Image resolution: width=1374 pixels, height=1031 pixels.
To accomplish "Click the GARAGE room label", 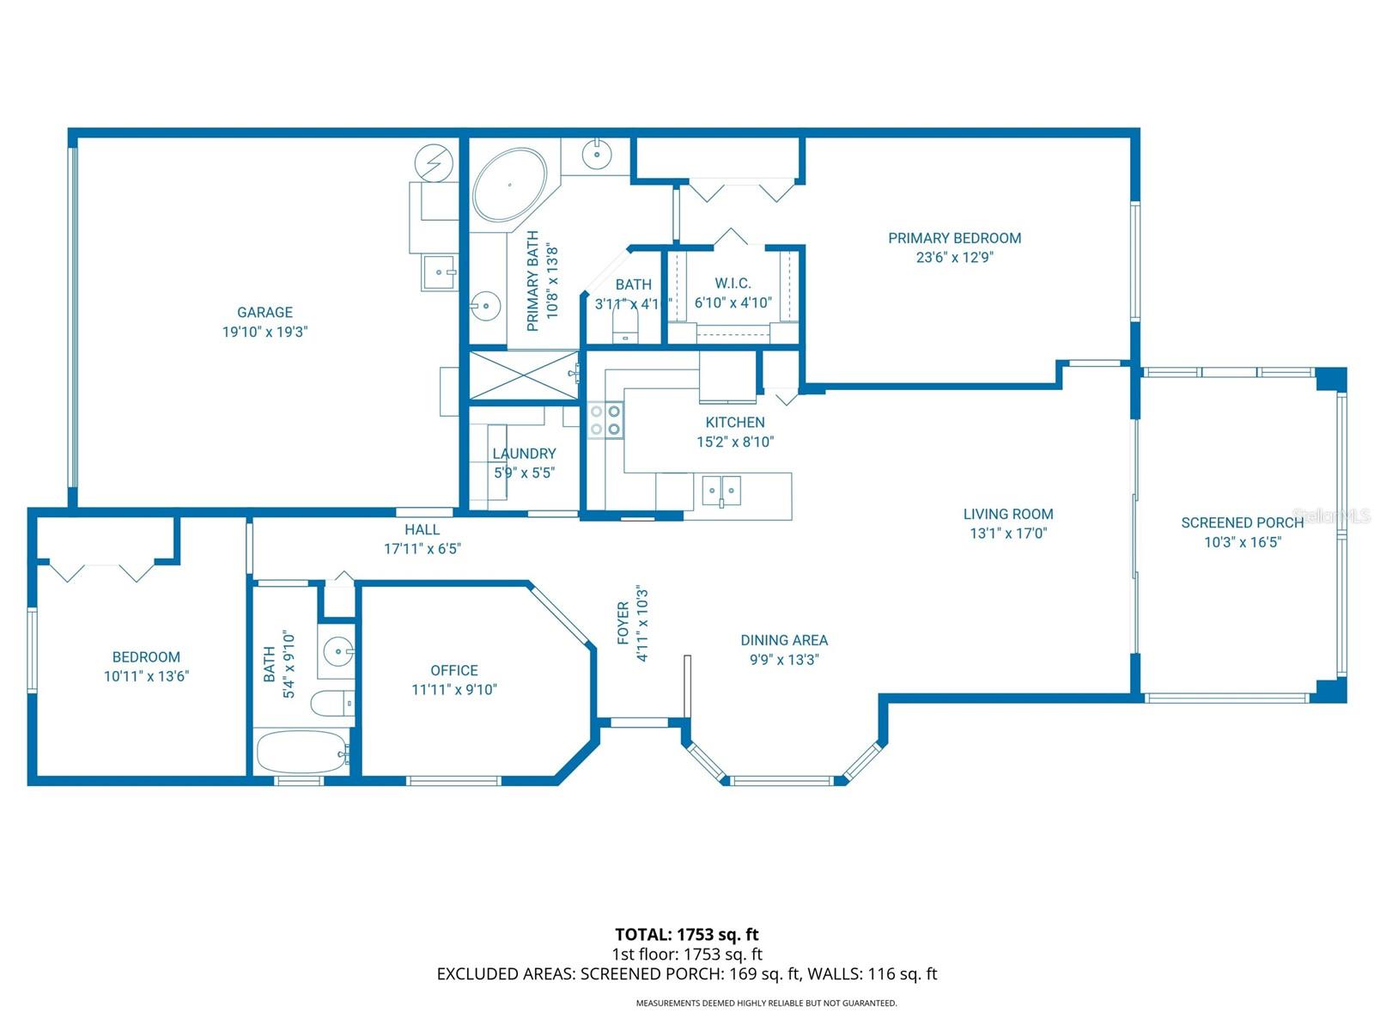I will (264, 313).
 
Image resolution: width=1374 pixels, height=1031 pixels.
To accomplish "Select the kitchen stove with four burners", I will (605, 420).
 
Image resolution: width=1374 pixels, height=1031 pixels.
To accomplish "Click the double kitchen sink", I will (721, 491).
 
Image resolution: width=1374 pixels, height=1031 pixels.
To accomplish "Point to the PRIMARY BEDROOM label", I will (954, 238).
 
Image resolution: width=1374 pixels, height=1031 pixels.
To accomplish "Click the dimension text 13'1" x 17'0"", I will (1008, 533).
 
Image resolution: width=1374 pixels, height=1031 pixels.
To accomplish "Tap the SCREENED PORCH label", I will (1242, 522).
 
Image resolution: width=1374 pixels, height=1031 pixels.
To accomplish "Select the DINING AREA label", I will (784, 640).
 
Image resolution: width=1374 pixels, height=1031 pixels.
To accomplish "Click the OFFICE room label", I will (454, 670).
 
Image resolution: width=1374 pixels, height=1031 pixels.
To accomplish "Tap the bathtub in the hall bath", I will (301, 752).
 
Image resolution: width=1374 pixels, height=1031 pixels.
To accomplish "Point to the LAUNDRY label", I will (524, 454).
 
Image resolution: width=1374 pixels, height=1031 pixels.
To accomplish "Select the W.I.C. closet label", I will (733, 284).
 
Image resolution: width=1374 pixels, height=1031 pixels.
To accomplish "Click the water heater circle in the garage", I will (433, 162).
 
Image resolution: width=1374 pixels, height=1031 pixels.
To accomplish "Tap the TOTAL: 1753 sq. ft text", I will (686, 934).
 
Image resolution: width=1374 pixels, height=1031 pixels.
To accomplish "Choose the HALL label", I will (422, 530).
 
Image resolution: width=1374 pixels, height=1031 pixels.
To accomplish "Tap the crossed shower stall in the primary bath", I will (524, 375).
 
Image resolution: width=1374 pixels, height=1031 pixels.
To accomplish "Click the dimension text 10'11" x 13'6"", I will (146, 676).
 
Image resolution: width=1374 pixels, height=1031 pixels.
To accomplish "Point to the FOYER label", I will (623, 623).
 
